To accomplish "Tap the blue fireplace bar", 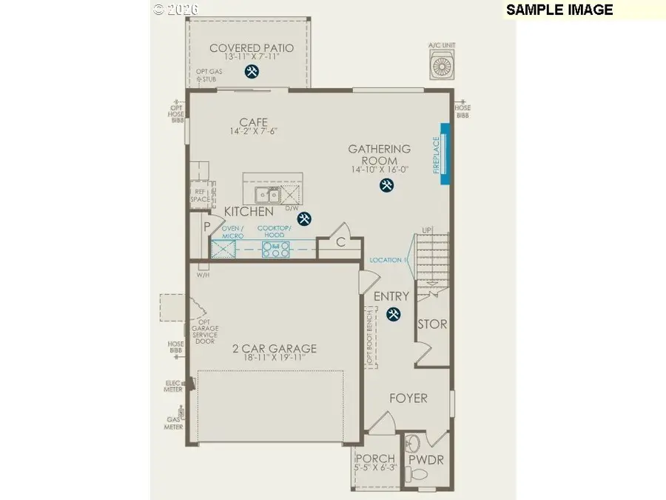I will (445, 153).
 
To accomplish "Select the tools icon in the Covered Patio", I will (252, 72).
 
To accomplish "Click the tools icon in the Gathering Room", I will (386, 185).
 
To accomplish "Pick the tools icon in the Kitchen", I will (304, 218).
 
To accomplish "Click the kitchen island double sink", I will (267, 196).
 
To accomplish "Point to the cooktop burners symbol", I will (275, 249).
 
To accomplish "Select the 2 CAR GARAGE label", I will (275, 348).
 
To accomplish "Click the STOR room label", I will (432, 324).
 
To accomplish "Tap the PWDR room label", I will (425, 460).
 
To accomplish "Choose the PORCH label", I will (376, 459).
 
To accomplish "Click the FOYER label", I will (408, 398).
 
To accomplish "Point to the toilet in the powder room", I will (413, 446).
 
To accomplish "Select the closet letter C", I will (341, 241).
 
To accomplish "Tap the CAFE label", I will (252, 122).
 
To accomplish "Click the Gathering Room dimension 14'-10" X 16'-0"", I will (380, 170).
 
